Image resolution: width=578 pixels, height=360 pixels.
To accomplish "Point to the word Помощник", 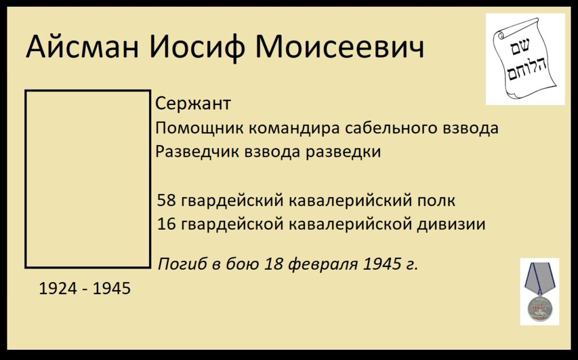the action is [199, 128].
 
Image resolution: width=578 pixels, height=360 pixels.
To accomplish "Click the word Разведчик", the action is [196, 152].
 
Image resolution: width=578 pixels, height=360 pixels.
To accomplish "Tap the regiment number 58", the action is [165, 200].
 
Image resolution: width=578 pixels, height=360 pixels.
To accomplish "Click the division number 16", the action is [165, 224].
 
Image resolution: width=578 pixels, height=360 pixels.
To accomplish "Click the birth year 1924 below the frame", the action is [58, 288].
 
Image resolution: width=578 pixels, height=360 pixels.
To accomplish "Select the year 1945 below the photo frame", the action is [112, 288].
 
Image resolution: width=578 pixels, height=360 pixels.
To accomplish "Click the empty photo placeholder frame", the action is [25, 179].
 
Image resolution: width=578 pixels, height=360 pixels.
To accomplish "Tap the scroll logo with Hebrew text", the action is [526, 59].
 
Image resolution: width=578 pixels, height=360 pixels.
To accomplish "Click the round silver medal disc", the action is [539, 308].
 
